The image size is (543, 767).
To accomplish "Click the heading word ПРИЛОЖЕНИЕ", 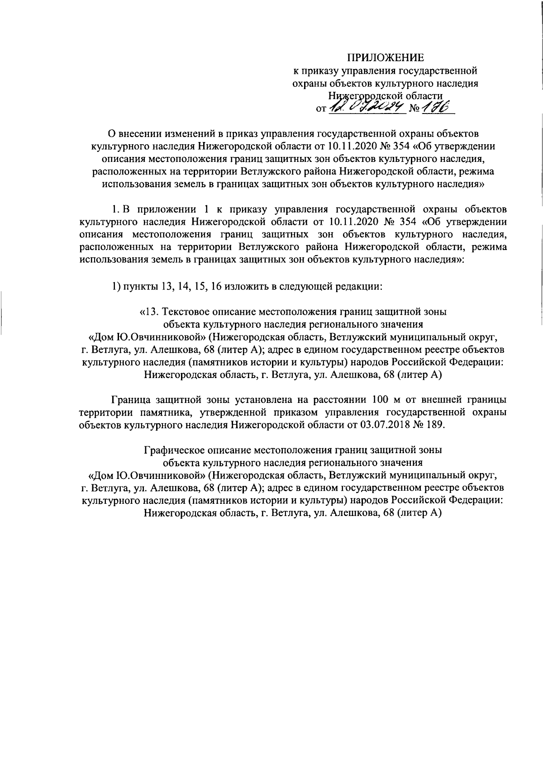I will coord(386,57).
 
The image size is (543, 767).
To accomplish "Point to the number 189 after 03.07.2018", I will coord(435,425).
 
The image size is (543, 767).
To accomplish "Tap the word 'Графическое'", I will coord(175,450).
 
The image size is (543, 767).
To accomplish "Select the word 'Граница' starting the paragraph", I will coord(129,399).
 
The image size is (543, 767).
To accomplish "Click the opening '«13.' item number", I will coord(149,312).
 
